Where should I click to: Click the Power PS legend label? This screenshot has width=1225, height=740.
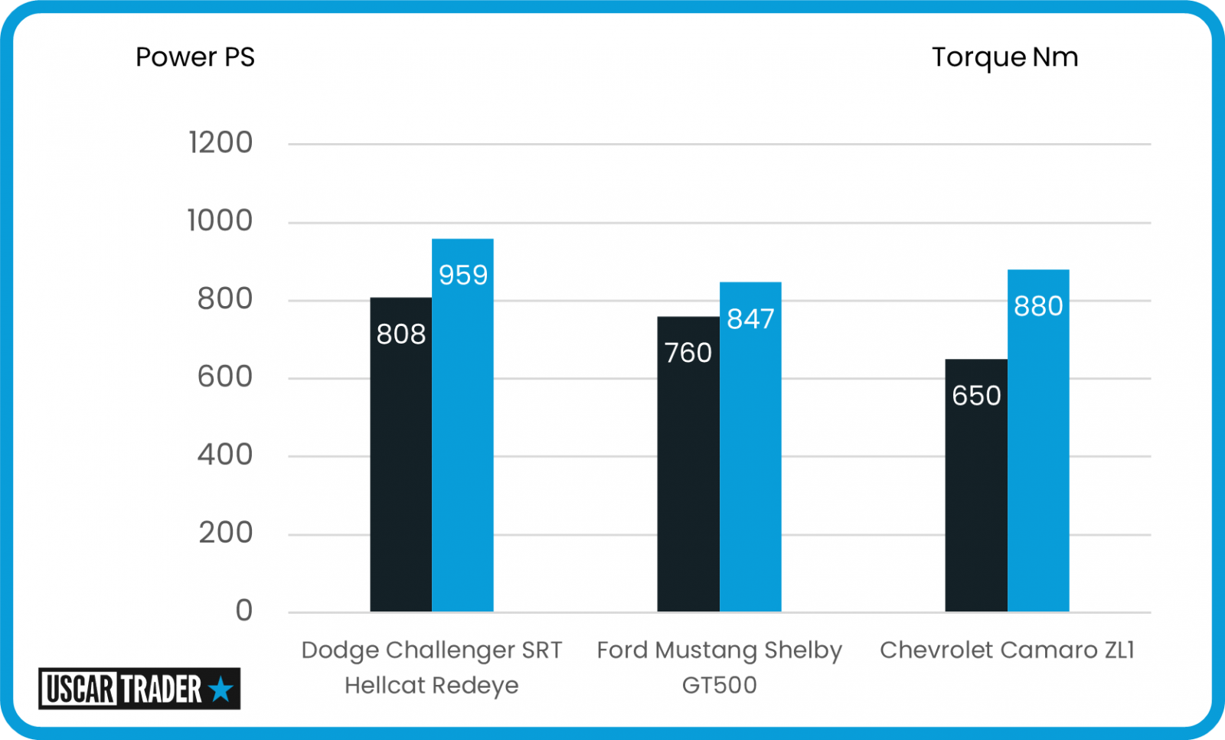[x=194, y=57]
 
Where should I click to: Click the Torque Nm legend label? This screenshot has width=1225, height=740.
[x=1004, y=57]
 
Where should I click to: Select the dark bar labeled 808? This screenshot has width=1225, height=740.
[x=400, y=455]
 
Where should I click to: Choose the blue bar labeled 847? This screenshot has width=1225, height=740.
[x=750, y=448]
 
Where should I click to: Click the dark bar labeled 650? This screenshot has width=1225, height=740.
[x=976, y=486]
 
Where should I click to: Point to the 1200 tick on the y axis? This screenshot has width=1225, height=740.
[x=220, y=143]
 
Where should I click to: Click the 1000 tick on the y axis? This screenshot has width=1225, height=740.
[x=220, y=221]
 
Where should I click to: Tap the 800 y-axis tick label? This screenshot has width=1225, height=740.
[x=224, y=299]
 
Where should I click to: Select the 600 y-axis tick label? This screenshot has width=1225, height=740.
[x=224, y=377]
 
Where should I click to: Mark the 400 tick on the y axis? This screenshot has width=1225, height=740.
[x=224, y=455]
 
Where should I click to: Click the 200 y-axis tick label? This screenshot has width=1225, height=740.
[x=225, y=533]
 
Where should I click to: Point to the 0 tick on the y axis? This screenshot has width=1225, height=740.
[x=243, y=611]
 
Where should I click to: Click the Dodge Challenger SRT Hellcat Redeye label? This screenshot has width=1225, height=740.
[x=431, y=667]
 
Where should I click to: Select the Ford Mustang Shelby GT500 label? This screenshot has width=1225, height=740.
[x=719, y=667]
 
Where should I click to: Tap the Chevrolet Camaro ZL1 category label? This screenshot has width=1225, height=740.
[x=1007, y=650]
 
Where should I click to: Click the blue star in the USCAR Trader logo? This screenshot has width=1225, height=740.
[x=220, y=689]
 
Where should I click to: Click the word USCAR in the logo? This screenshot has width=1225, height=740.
[x=80, y=689]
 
